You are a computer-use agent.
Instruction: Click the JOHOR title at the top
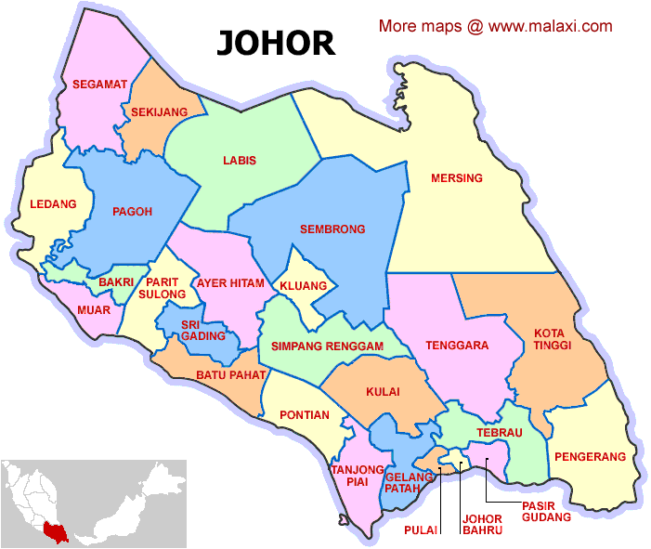pos(276,42)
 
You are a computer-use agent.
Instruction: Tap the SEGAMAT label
pos(99,85)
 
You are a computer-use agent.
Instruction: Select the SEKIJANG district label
pos(159,111)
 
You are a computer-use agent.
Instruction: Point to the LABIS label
pos(240,161)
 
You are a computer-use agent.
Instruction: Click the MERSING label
pos(456,177)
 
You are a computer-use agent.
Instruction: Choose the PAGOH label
pos(132,212)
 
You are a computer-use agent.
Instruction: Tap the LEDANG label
pos(53,204)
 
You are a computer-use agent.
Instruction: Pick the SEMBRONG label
pos(332,229)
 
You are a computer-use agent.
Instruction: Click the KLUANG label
pos(304,285)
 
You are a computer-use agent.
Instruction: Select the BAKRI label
pos(116,281)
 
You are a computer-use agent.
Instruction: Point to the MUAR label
pos(93,309)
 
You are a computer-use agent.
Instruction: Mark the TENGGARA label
pos(457,346)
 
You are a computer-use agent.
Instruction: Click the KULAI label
pos(383,392)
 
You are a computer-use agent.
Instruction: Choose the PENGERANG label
pos(590,457)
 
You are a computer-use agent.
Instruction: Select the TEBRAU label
pos(500,433)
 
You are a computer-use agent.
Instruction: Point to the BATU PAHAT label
pos(231,375)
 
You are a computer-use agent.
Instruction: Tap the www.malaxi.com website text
pos(550,26)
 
